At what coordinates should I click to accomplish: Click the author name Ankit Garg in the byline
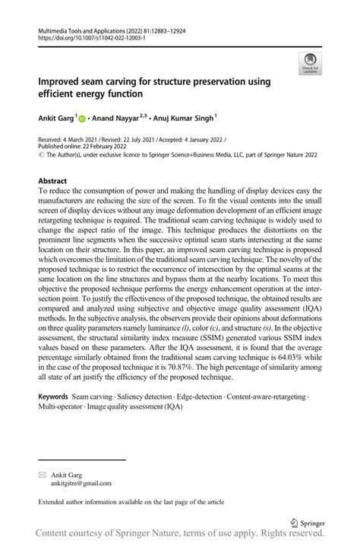55,118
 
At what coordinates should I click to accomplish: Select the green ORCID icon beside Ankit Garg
82,118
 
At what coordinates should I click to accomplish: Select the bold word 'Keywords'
53,397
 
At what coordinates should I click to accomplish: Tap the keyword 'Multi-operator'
63,408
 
